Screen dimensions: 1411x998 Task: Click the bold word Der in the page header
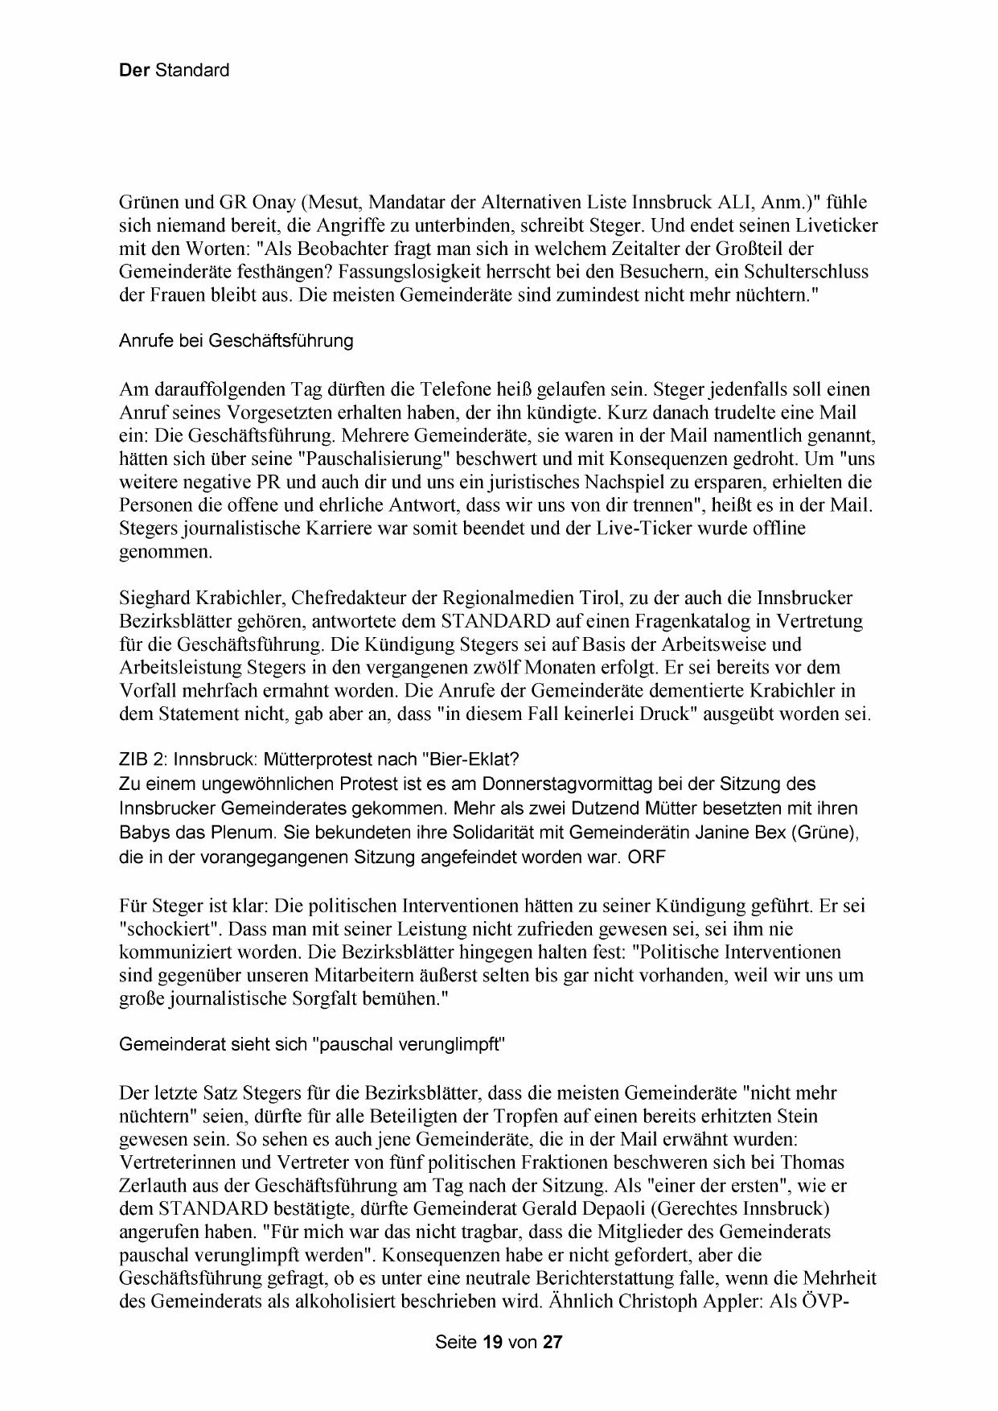coord(134,70)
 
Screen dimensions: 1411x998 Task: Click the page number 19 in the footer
coord(493,1342)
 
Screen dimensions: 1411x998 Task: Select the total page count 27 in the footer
coord(552,1342)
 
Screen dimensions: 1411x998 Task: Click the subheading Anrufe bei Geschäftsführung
coord(236,340)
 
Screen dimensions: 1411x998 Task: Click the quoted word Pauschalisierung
coord(373,459)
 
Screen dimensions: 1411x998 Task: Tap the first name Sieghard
coord(152,599)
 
